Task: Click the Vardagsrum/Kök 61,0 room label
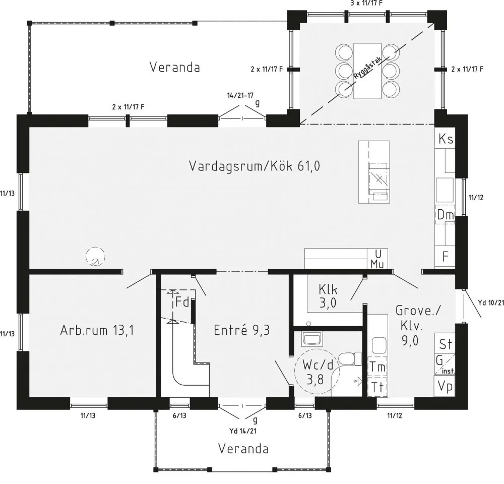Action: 254,166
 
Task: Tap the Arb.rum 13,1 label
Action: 97,330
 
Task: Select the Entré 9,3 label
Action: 242,330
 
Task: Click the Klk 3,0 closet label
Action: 328,296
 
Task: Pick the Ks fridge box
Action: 445,139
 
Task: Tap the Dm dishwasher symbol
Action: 445,214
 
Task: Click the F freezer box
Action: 445,257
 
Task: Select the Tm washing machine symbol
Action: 377,367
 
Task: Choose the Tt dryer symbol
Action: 377,387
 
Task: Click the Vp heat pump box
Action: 445,386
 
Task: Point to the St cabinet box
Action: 445,343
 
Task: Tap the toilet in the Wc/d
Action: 350,358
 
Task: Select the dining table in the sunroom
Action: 367,71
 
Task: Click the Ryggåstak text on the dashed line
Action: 367,68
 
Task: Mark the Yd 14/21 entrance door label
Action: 243,431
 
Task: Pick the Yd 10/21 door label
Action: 491,302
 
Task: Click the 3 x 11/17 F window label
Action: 367,3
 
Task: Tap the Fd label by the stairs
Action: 182,302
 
